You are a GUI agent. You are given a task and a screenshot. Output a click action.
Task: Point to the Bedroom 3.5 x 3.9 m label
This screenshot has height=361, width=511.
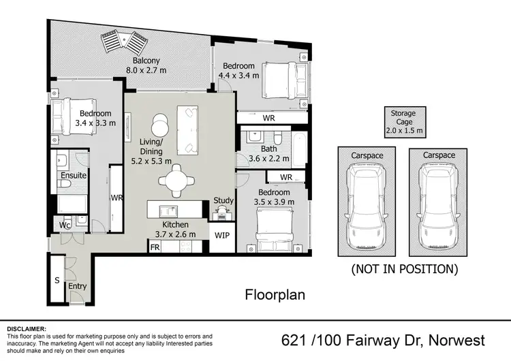(273, 197)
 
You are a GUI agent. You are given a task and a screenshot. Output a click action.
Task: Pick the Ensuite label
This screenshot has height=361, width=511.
(74, 176)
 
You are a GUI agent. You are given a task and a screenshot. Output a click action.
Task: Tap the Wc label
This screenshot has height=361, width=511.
(65, 225)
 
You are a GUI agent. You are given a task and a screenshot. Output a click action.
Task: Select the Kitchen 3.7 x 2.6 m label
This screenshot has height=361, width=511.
(175, 230)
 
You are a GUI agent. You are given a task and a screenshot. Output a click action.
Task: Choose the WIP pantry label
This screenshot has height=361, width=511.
(222, 235)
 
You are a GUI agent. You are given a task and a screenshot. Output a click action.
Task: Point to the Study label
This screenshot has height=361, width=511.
(223, 201)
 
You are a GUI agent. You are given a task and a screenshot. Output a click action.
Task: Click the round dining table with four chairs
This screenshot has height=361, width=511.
(176, 181)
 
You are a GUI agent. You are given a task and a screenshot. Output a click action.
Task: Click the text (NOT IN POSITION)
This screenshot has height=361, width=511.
(404, 269)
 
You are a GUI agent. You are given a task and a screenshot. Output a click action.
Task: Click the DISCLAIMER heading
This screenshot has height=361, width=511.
(27, 328)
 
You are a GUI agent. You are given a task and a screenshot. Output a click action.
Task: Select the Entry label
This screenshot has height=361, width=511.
(77, 286)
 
